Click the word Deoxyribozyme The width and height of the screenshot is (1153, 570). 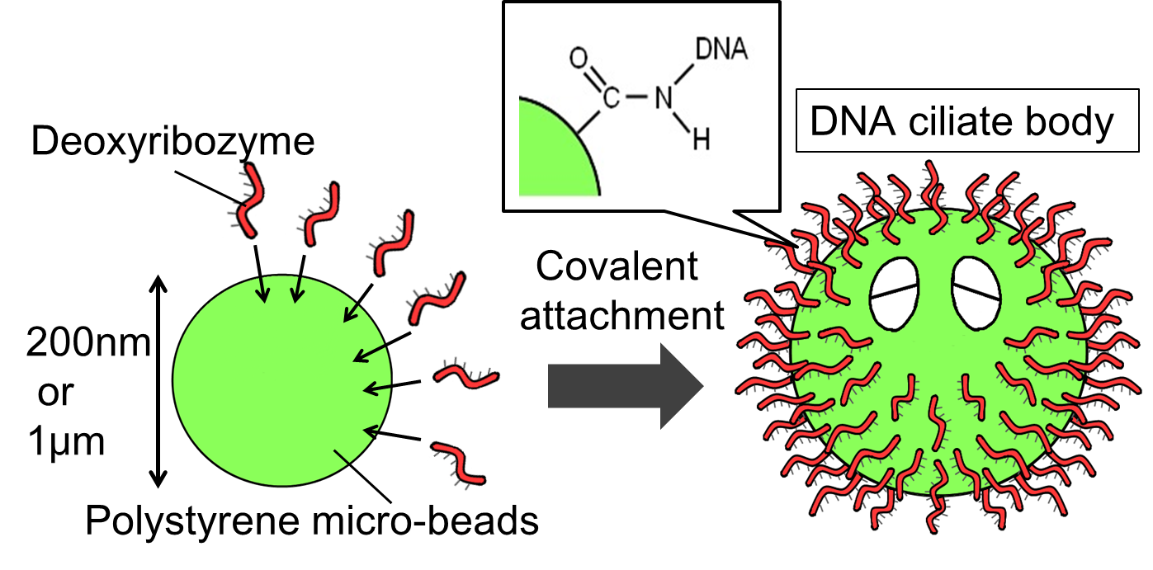pyautogui.click(x=173, y=143)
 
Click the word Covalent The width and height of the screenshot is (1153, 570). pyautogui.click(x=617, y=267)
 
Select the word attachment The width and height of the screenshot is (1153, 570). pyautogui.click(x=622, y=315)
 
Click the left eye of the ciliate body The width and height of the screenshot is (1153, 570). pyautogui.click(x=895, y=292)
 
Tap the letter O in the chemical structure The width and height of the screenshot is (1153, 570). pyautogui.click(x=579, y=59)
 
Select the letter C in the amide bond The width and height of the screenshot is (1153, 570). pyautogui.click(x=610, y=99)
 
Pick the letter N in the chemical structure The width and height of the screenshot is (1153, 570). pyautogui.click(x=664, y=99)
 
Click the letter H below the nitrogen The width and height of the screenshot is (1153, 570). pyautogui.click(x=701, y=141)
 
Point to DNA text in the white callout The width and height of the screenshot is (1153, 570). pyautogui.click(x=721, y=49)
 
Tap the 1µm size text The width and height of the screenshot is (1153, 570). pyautogui.click(x=66, y=444)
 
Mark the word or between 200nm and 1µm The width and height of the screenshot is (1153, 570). pyautogui.click(x=55, y=393)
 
